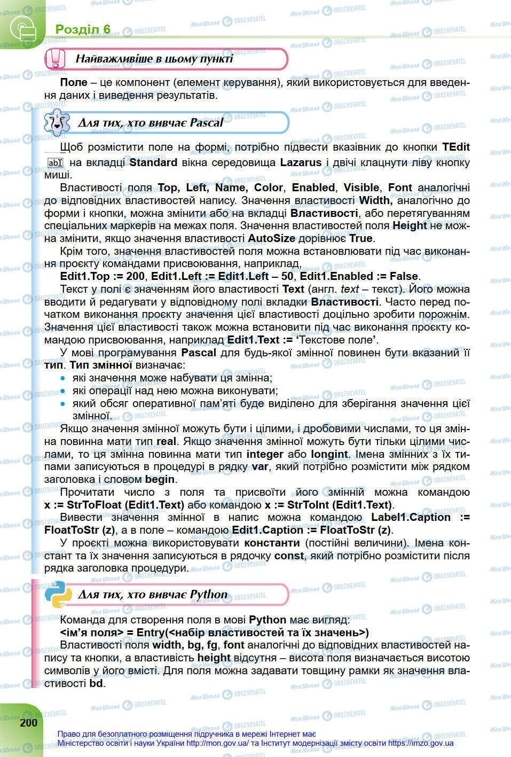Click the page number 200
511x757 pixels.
[29, 722]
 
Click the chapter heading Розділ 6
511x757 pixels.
[83, 29]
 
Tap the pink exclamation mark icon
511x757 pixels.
[55, 59]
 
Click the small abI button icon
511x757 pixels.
[55, 163]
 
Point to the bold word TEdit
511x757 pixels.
[455, 147]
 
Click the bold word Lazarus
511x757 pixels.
[301, 162]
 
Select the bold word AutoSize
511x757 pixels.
[272, 238]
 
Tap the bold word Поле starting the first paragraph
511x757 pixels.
[74, 83]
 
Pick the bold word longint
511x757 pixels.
[329, 454]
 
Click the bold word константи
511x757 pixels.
[272, 543]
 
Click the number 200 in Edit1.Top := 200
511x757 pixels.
[135, 276]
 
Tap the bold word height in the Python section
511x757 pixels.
[214, 658]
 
